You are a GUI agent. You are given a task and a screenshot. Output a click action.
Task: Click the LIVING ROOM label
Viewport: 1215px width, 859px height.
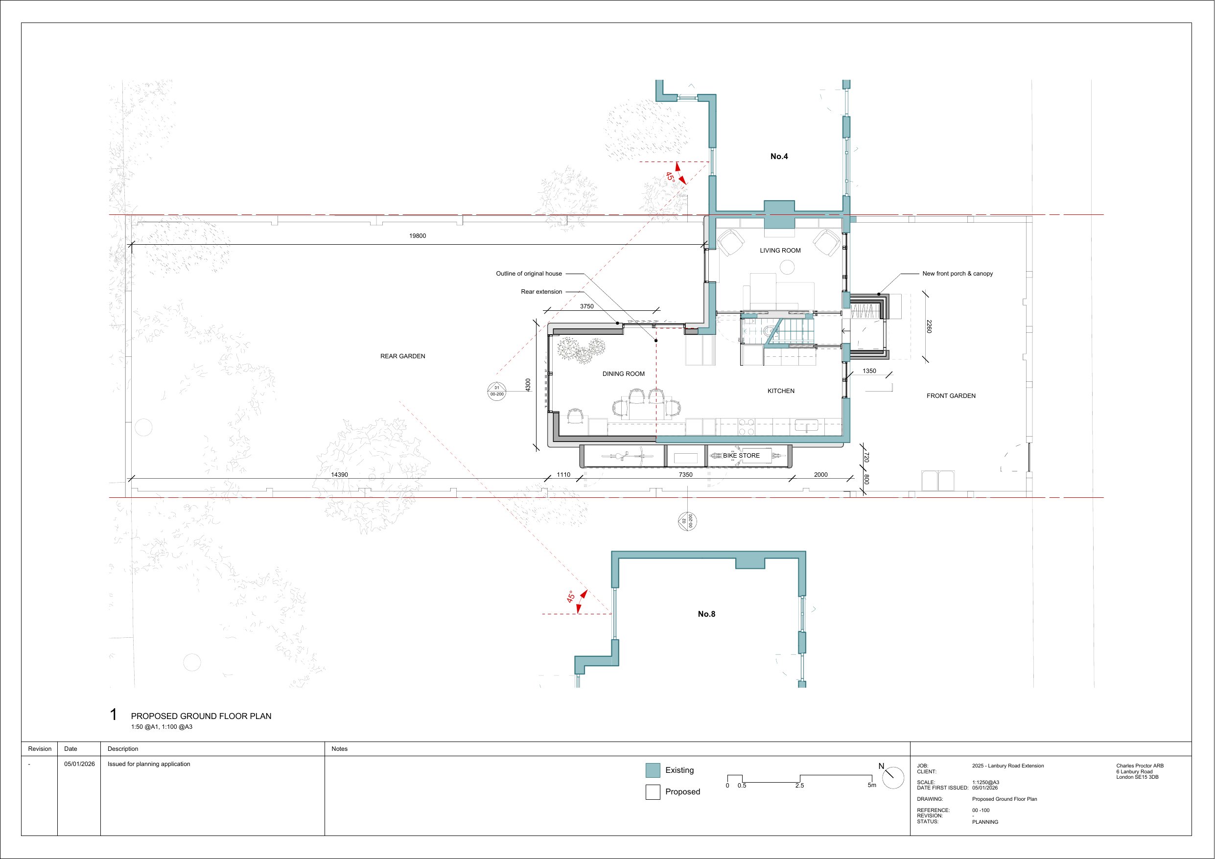tap(780, 250)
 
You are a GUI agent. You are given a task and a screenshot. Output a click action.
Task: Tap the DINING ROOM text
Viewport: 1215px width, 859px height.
tap(623, 373)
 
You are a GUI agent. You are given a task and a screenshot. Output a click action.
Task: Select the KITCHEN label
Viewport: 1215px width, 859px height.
tap(781, 391)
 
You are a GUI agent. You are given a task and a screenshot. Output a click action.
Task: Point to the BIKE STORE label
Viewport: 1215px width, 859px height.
tap(741, 455)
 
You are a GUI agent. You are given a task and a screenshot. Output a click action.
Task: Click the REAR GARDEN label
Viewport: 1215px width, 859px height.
tap(403, 356)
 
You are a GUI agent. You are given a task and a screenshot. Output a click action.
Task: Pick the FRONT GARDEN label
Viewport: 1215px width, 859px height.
tap(951, 396)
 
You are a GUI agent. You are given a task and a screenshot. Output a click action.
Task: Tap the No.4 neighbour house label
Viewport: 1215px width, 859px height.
tap(779, 156)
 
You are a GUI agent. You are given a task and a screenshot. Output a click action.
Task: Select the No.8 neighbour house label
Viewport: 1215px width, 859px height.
tap(706, 614)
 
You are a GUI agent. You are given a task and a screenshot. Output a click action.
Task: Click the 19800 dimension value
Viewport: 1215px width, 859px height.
tap(418, 236)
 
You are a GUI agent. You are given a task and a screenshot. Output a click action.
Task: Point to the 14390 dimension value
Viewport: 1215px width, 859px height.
tap(339, 475)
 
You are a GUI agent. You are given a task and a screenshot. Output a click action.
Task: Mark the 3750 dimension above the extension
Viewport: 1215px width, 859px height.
tap(587, 306)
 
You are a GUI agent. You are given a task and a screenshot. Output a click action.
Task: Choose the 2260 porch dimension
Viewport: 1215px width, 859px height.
tap(929, 327)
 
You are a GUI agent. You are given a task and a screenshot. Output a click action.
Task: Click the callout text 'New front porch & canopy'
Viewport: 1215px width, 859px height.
tap(958, 274)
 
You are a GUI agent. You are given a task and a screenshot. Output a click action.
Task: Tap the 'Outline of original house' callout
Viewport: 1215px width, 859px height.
tap(529, 274)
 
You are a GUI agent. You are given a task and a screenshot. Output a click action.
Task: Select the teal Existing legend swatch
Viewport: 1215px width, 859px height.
tap(653, 770)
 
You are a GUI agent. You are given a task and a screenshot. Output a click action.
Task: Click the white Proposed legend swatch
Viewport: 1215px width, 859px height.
tap(653, 792)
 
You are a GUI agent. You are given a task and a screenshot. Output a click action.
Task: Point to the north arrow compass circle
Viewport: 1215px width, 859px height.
tap(893, 778)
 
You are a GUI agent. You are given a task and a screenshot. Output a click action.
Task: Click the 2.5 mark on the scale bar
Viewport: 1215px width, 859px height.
tap(799, 786)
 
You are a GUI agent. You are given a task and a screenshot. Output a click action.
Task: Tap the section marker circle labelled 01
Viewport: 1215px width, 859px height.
tap(497, 391)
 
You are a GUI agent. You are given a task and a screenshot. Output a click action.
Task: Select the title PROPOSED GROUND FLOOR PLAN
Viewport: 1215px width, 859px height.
tap(201, 716)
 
